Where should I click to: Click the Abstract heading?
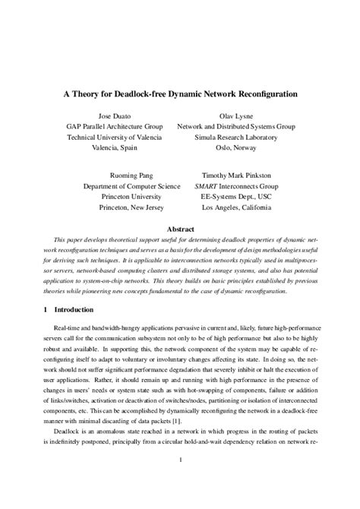pyautogui.click(x=180, y=228)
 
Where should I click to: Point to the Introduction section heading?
pyautogui.click(x=72, y=309)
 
